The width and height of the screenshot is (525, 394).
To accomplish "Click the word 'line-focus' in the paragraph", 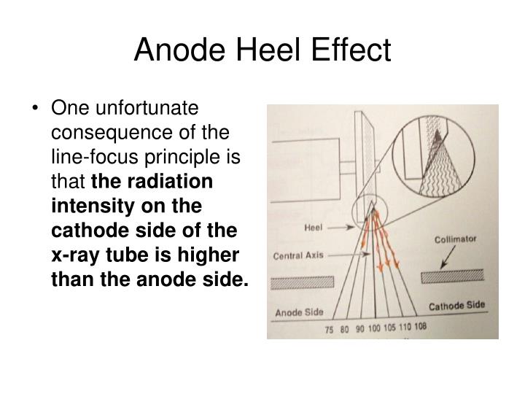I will coord(89,157).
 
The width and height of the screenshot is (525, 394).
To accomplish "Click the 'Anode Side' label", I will coord(299,312).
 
